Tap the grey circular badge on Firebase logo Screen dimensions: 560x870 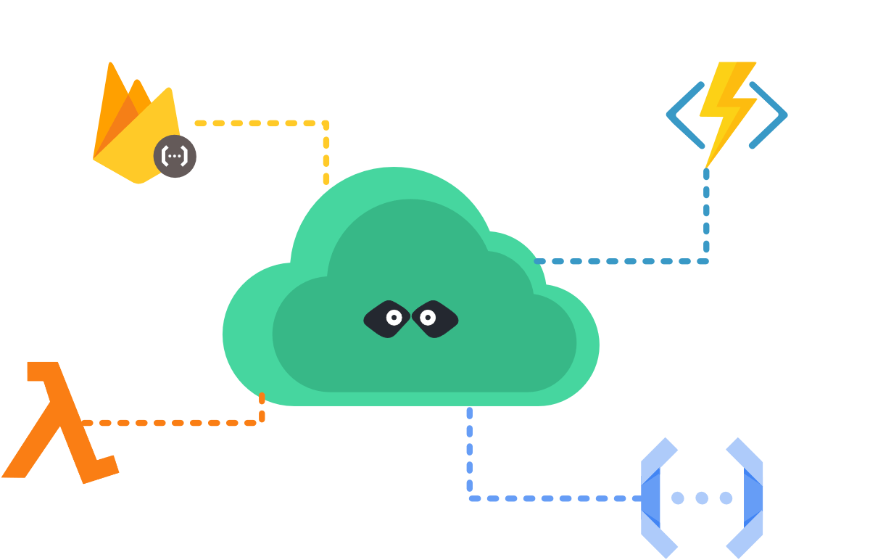pyautogui.click(x=175, y=156)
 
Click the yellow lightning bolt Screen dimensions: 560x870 pyautogui.click(x=725, y=109)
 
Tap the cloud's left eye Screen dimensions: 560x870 pyautogui.click(x=394, y=318)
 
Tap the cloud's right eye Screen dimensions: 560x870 pyautogui.click(x=428, y=318)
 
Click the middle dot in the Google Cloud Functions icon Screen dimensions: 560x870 pyautogui.click(x=702, y=498)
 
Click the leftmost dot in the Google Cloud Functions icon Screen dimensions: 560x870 pyautogui.click(x=677, y=498)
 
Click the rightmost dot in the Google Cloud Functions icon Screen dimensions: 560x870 pyautogui.click(x=726, y=498)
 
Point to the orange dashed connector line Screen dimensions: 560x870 pyautogui.click(x=174, y=422)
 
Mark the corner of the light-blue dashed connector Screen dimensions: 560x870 pyautogui.click(x=470, y=498)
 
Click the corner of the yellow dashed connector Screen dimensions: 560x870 pyautogui.click(x=326, y=124)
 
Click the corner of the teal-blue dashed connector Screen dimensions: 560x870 pyautogui.click(x=706, y=261)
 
